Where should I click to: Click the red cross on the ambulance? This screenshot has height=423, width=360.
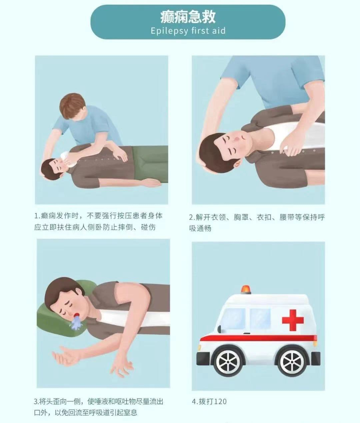pos(293,320)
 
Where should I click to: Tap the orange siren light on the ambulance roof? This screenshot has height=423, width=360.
pos(246,289)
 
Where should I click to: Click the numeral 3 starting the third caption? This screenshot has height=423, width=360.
pos(36,401)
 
